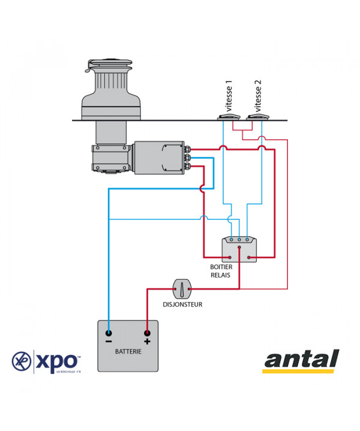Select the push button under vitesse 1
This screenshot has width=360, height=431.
click(229, 117)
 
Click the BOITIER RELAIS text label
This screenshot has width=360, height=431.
click(221, 271)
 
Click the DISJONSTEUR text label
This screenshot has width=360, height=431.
click(182, 305)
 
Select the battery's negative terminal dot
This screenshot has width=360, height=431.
click(109, 333)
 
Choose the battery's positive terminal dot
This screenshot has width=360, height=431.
click(146, 333)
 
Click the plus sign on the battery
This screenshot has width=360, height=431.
click(146, 342)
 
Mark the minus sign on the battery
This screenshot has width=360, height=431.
click(109, 342)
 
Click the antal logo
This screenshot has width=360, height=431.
click(301, 361)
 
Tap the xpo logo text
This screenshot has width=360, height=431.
click(57, 361)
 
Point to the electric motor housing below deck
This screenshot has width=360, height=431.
click(159, 158)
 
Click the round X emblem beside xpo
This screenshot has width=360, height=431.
click(22, 361)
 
